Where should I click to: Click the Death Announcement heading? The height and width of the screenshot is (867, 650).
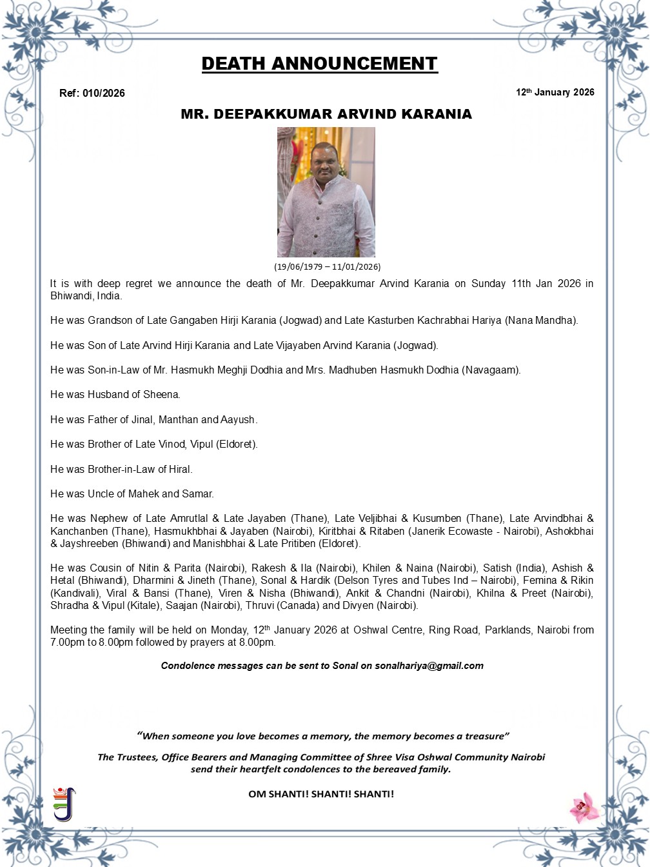pos(319,64)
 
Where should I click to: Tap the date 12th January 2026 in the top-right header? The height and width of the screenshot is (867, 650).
pos(555,92)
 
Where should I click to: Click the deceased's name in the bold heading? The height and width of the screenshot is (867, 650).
pos(326,114)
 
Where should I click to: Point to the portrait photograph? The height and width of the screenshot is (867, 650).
pos(326,192)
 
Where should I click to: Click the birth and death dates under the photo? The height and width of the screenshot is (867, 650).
pos(327,266)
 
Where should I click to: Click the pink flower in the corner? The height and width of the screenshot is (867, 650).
pos(584,807)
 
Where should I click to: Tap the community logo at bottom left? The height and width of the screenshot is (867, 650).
pos(64,804)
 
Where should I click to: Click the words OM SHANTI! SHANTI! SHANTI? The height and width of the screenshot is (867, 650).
pos(320,794)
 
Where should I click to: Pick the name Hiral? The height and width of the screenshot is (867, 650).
pos(181,470)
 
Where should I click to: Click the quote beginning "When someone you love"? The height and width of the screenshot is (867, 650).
pos(323,736)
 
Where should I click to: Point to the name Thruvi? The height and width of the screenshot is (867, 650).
pos(261,606)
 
